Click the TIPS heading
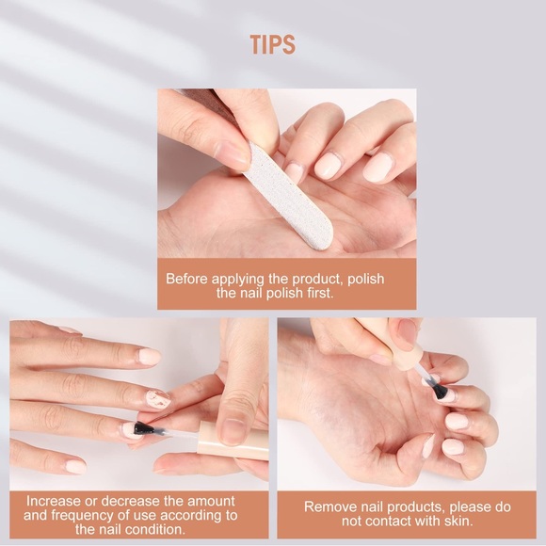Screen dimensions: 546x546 pos(273,45)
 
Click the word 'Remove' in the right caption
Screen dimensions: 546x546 pos(330,506)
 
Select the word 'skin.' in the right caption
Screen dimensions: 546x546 pos(453,521)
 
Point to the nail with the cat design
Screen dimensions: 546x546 pos(157,400)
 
